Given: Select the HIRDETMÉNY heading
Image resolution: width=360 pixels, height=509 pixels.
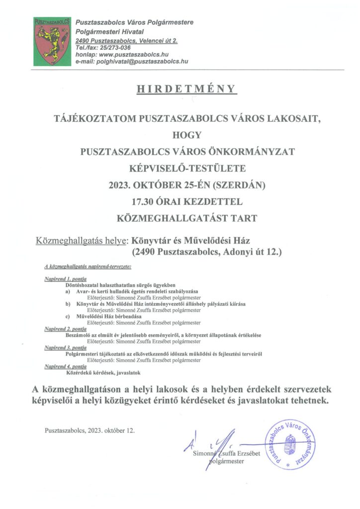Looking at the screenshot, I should pos(180,89).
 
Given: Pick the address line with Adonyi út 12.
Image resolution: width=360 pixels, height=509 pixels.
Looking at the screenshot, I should pos(206,253).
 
